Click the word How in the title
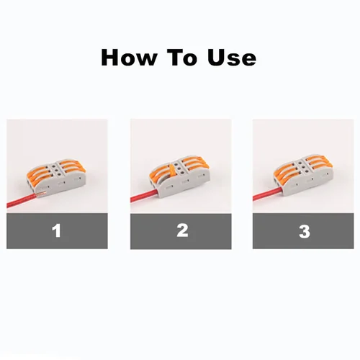tap(129, 58)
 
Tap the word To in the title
tap(185, 58)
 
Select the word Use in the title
tap(232, 58)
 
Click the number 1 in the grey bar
tap(57, 231)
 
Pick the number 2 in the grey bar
tap(182, 230)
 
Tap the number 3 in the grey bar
tap(305, 232)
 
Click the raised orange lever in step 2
tap(172, 170)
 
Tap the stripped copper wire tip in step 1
tap(41, 194)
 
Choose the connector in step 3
tap(303, 174)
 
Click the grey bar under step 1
tap(57, 231)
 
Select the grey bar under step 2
tap(181, 231)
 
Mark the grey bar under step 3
tap(303, 231)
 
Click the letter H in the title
tap(110, 58)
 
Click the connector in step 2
tap(179, 176)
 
